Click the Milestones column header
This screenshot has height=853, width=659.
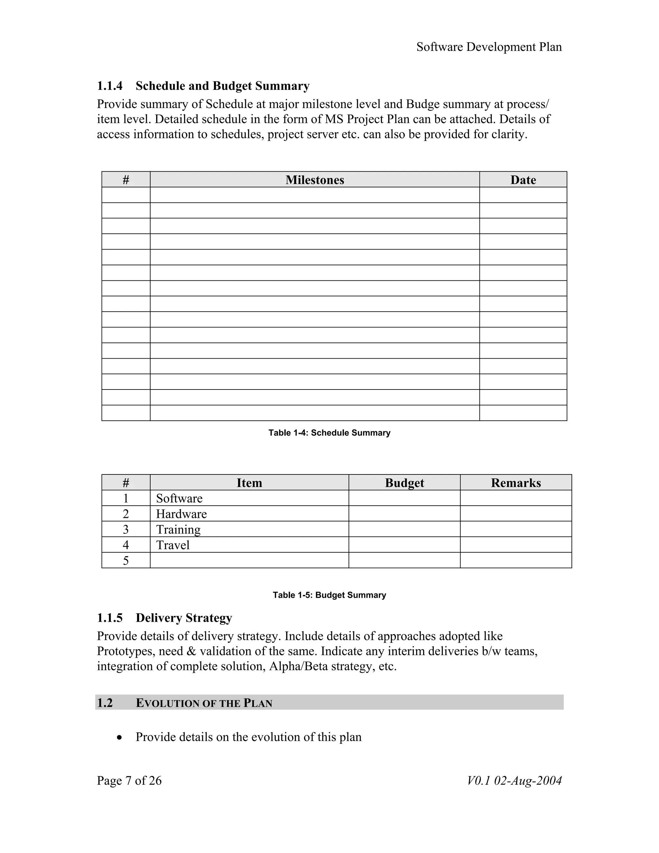[x=315, y=180]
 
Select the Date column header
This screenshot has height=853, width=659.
[x=523, y=180]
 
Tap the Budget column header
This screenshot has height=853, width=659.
[x=404, y=483]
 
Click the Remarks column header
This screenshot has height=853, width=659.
[x=516, y=483]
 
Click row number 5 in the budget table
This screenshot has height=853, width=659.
[x=126, y=561]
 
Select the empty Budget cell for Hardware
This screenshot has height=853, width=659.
[x=404, y=514]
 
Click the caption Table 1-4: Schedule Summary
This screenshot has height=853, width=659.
[x=329, y=433]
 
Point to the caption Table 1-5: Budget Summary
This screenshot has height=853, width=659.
[x=329, y=595]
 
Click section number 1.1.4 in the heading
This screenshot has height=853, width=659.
[x=110, y=86]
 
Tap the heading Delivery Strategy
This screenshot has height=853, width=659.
[x=184, y=618]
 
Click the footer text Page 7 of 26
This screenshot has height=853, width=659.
[x=129, y=781]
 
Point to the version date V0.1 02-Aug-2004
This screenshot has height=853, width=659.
[x=514, y=781]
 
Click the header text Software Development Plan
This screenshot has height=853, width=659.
[x=489, y=47]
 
